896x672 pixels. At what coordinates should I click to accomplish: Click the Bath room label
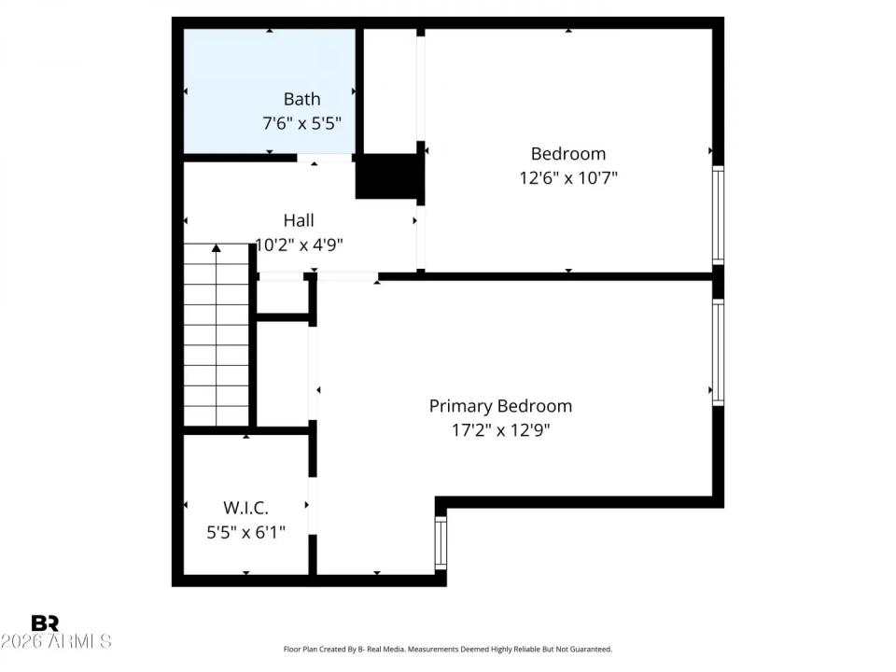point(301,99)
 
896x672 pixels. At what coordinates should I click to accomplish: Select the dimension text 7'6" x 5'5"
point(301,123)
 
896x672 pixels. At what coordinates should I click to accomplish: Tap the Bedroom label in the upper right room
point(567,154)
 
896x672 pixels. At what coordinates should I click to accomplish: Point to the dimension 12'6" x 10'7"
point(567,177)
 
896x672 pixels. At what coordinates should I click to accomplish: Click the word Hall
point(299,221)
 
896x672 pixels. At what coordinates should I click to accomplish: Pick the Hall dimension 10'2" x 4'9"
point(299,245)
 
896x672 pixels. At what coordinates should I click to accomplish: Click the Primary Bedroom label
point(500,406)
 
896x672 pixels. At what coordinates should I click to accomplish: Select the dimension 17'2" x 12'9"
point(500,430)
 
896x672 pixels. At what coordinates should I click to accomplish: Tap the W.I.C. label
point(245,508)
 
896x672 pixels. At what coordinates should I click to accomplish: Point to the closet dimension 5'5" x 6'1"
point(245,532)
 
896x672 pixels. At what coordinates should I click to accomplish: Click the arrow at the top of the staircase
point(217,249)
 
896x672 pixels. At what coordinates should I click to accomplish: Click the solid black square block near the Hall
point(387,176)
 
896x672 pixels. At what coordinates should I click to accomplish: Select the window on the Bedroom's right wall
point(718,216)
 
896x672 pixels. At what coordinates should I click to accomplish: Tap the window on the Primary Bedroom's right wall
point(718,351)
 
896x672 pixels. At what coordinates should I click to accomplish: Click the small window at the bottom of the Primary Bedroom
point(441,542)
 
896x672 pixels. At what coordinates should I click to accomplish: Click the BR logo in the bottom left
point(45,623)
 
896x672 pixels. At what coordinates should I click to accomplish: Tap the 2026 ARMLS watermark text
point(56,642)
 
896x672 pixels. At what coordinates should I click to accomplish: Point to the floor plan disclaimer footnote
point(447,649)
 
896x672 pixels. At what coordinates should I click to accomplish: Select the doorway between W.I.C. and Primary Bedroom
point(312,505)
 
